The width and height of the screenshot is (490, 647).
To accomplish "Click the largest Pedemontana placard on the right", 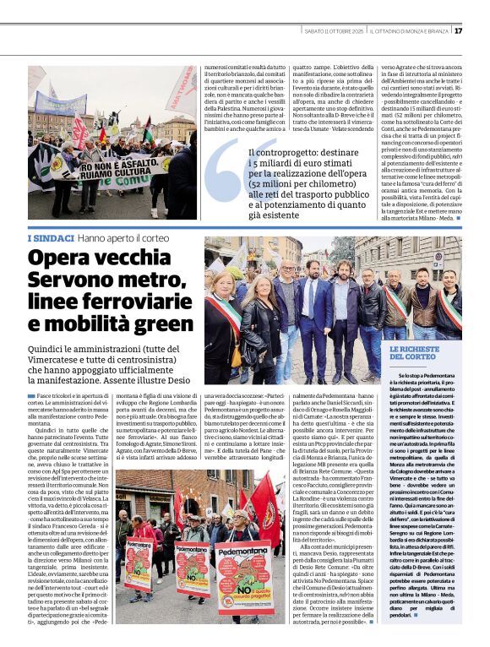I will point(241,583).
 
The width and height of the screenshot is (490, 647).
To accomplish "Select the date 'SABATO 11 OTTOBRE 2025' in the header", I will point(332,30).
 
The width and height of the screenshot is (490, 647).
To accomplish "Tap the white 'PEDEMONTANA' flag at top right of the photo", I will point(182,92).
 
